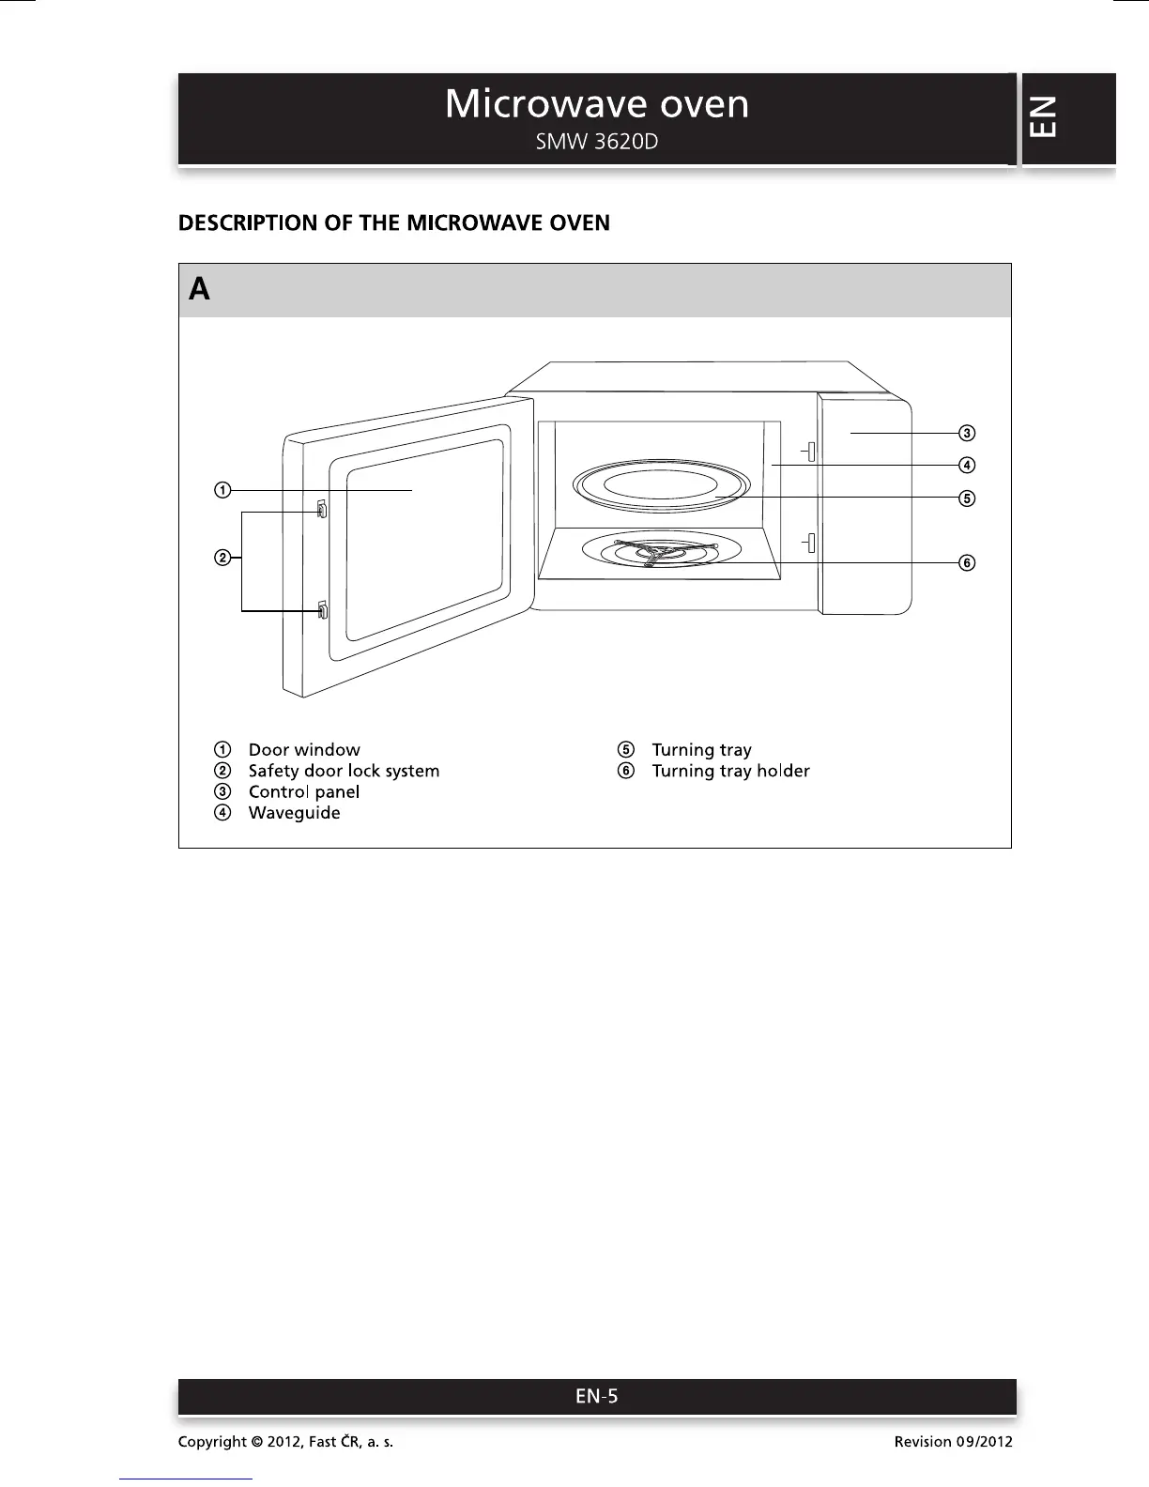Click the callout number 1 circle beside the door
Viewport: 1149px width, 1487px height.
point(222,489)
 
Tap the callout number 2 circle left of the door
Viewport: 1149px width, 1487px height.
point(222,559)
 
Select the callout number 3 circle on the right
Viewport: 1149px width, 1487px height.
point(966,433)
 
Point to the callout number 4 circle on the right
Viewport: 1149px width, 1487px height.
point(966,465)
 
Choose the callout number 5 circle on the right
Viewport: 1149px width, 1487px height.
point(966,498)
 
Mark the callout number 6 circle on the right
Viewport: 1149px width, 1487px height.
point(966,562)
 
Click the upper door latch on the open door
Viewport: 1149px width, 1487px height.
point(322,509)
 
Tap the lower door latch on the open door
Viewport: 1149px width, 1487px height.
point(322,611)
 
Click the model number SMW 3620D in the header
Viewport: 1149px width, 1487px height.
point(596,143)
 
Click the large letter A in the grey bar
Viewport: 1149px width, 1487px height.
point(199,289)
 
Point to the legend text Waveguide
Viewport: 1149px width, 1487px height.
point(294,813)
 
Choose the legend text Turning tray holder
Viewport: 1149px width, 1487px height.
point(730,771)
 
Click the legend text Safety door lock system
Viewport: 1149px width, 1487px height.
point(344,771)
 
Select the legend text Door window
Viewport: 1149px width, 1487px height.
point(304,750)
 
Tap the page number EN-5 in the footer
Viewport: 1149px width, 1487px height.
point(597,1396)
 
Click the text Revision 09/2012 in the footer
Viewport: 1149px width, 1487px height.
point(953,1441)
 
